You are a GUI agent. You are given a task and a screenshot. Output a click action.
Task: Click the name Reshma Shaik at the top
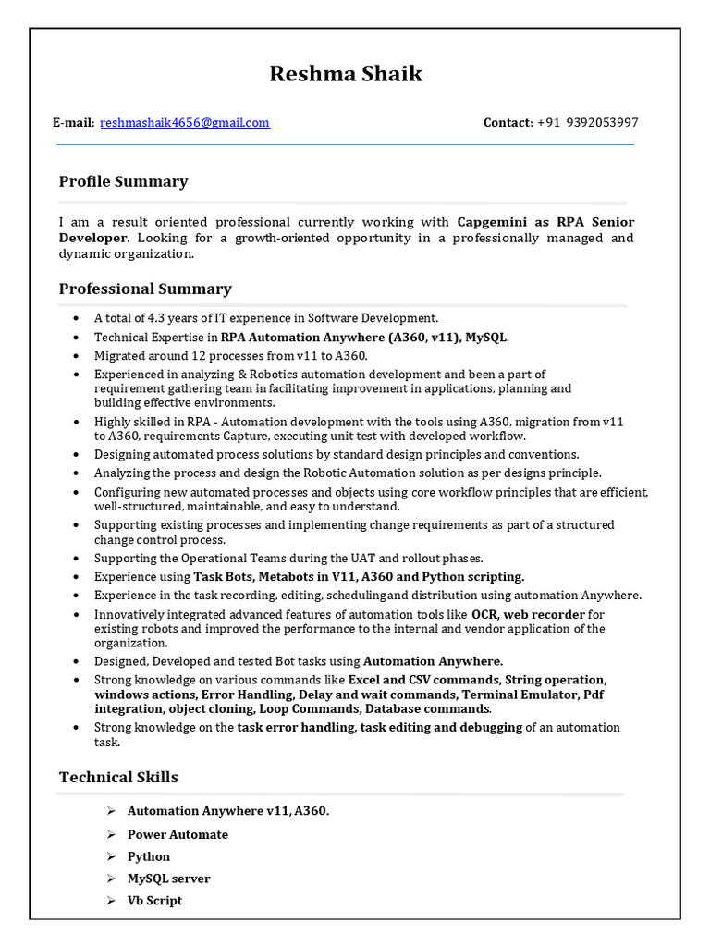coord(346,74)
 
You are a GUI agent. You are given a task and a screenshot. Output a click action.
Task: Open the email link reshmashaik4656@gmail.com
coord(185,122)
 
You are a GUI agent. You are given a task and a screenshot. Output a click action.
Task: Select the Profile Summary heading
coord(123,181)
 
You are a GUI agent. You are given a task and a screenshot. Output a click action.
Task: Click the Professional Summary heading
coord(145,289)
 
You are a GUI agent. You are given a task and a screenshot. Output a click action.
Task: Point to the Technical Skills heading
coord(118,777)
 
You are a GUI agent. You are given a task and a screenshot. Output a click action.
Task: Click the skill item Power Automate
coord(177,834)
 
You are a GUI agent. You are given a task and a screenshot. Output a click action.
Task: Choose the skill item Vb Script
coord(154,900)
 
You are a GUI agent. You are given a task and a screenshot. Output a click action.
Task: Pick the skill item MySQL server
coord(168,879)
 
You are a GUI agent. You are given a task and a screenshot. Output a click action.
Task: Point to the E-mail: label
coord(73,122)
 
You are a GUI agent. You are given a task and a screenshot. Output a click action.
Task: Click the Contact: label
coord(508,122)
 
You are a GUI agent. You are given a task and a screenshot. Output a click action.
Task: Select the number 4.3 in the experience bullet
coord(159,318)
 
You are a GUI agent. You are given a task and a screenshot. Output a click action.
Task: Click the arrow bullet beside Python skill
coord(110,856)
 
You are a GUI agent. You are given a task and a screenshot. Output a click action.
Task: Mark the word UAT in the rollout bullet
coord(389,558)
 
